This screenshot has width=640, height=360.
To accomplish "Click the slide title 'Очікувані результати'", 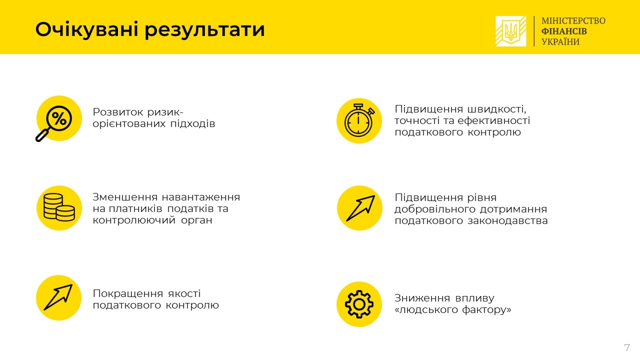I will coord(150,29).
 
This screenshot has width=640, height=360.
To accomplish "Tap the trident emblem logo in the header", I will coord(510,31).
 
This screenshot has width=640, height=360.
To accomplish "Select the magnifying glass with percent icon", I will coord(58,119).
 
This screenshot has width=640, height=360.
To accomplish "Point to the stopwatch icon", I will coord(359,120).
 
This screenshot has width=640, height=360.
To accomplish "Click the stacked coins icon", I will coord(59,207).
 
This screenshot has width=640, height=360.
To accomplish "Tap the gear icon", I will coord(359,304).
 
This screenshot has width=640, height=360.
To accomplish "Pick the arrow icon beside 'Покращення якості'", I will coord(59,297).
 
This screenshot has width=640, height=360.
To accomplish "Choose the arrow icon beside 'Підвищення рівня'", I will coord(359,208).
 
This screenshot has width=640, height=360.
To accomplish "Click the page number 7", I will coord(626,347).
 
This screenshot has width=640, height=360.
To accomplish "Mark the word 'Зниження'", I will coord(422,298).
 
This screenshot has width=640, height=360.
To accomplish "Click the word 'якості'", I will coord(184,293).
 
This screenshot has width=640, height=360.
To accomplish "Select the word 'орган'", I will coord(196,220).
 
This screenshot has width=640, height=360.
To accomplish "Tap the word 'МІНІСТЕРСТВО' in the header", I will coord(573,20).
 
